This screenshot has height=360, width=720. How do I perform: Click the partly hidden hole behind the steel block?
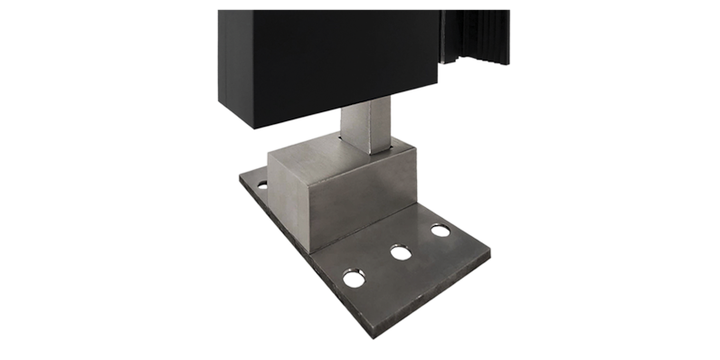point(262,185)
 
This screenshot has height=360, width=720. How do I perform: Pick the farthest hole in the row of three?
point(440,230)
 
